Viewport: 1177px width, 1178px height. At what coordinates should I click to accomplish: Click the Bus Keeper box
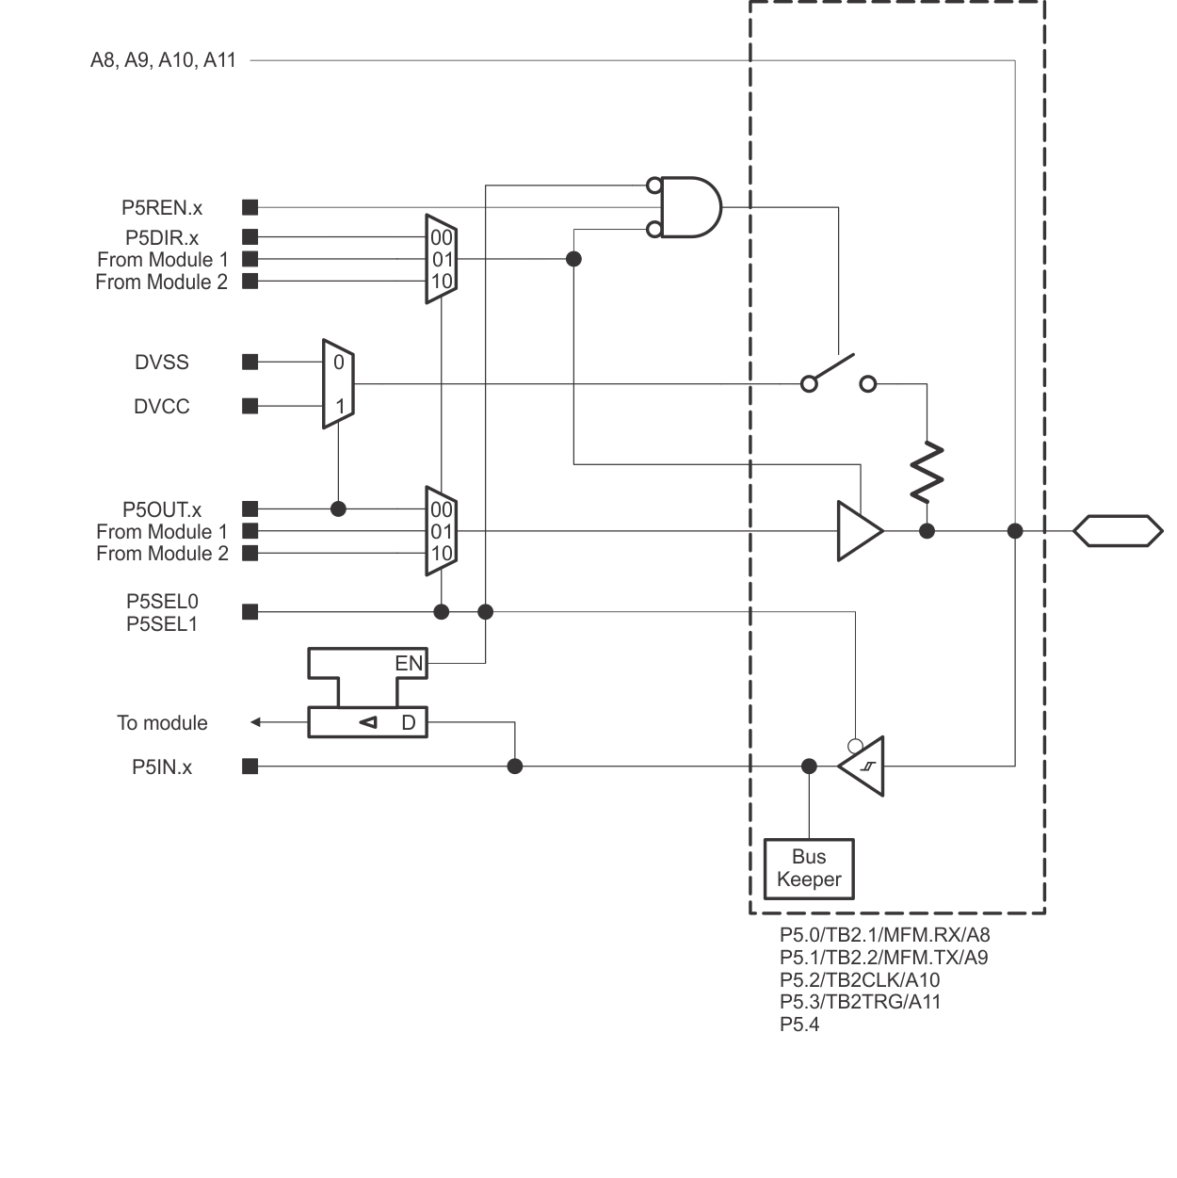[x=809, y=868]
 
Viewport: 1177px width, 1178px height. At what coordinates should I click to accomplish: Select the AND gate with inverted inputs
[x=689, y=207]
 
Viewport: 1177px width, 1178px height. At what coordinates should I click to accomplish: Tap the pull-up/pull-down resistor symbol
[x=927, y=471]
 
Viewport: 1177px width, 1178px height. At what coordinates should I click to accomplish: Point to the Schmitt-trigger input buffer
[x=863, y=767]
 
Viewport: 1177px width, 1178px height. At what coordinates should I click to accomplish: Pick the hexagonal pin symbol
[x=1118, y=530]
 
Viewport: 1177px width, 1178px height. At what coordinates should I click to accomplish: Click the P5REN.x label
[x=162, y=208]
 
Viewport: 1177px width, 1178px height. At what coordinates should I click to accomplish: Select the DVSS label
[x=162, y=363]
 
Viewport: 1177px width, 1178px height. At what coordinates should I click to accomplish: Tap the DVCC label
[x=162, y=407]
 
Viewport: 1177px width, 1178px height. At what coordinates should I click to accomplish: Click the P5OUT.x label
[x=162, y=510]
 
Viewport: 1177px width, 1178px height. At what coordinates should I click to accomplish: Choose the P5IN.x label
[x=162, y=767]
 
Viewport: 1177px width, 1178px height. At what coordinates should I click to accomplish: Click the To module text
[x=162, y=723]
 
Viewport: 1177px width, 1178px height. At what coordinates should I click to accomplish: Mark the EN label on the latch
[x=409, y=664]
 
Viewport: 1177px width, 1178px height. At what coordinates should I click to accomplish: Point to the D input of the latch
[x=409, y=723]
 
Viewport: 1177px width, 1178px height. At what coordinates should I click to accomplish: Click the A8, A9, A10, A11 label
[x=163, y=60]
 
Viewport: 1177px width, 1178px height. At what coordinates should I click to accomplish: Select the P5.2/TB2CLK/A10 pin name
[x=860, y=980]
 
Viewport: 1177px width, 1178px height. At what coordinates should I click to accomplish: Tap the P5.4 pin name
[x=799, y=1025]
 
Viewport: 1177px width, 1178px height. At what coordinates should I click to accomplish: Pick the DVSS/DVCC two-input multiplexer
[x=338, y=384]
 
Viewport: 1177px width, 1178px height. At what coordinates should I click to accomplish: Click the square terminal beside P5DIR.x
[x=250, y=237]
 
